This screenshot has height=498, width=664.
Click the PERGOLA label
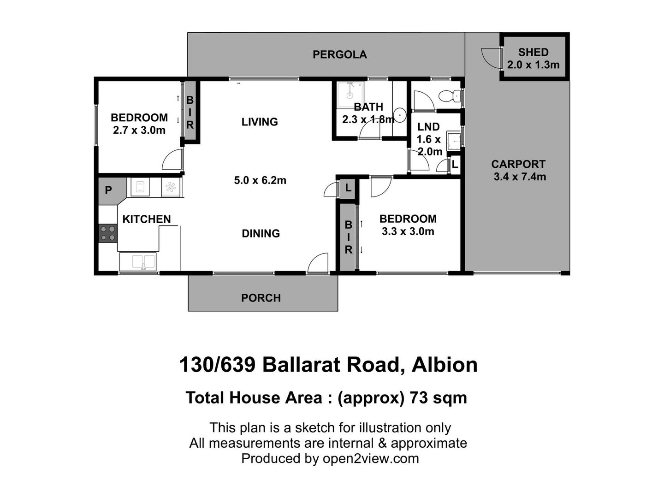click(x=339, y=54)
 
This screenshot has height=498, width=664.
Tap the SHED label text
click(x=533, y=52)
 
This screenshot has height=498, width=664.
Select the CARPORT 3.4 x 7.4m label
click(x=519, y=170)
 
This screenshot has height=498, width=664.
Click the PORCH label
click(x=261, y=298)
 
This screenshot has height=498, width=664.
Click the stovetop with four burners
click(x=108, y=233)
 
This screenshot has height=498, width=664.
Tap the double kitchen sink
click(x=138, y=261)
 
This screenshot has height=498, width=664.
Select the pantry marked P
click(x=108, y=190)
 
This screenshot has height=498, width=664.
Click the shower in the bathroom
click(x=349, y=95)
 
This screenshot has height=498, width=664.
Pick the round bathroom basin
click(x=400, y=114)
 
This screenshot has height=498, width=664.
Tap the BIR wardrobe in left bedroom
click(x=190, y=112)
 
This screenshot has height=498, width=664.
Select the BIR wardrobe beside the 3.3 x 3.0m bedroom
click(x=348, y=237)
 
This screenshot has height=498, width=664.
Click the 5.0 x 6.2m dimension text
click(x=260, y=180)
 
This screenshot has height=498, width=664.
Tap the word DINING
click(x=261, y=233)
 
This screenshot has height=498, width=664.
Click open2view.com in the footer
click(x=371, y=458)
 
